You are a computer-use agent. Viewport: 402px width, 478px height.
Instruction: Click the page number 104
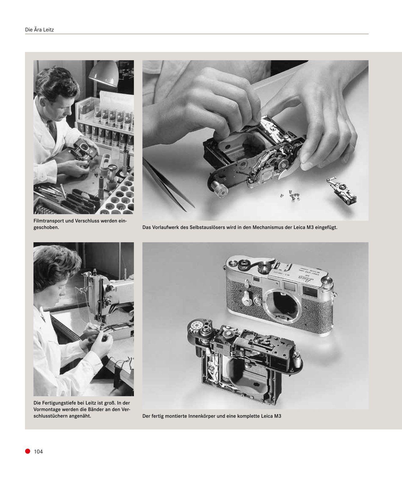[x=38, y=452]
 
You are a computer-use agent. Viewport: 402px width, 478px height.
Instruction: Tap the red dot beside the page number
[x=28, y=451]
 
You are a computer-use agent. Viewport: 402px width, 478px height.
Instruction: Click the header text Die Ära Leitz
[x=39, y=29]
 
